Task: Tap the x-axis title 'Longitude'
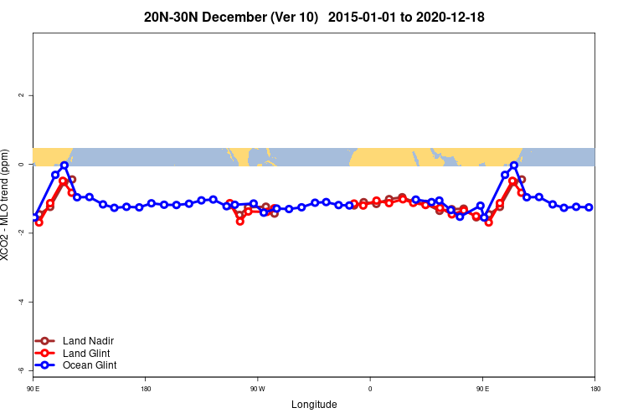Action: (314, 405)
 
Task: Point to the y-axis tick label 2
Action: (21, 95)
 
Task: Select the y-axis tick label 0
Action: (21, 165)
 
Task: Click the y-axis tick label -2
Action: (21, 232)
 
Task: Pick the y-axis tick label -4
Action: (21, 302)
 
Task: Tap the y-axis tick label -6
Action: (21, 370)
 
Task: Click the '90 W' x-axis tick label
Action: (257, 389)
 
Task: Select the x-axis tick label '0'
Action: (370, 389)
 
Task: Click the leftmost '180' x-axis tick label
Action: (146, 389)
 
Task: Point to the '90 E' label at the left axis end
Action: (33, 389)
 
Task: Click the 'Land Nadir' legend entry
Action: (88, 341)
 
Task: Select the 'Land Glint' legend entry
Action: (87, 353)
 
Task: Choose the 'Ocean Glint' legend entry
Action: (89, 365)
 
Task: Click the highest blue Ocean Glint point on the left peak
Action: (64, 166)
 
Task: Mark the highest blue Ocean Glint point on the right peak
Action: (514, 166)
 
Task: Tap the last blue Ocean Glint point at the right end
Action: (589, 207)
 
